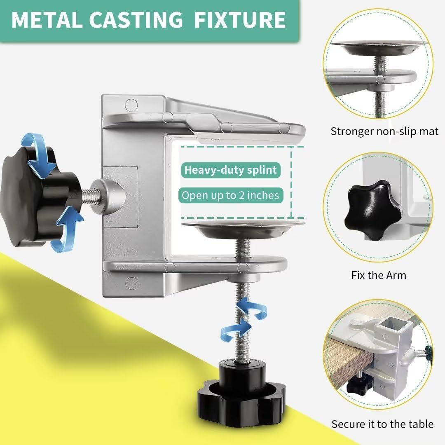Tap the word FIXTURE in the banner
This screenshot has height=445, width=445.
tap(240, 20)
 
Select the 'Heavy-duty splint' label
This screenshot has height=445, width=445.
tap(230, 170)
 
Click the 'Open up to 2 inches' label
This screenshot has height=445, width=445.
tap(230, 195)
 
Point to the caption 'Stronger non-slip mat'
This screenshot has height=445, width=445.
tap(384, 131)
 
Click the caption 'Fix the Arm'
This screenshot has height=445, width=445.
tap(379, 275)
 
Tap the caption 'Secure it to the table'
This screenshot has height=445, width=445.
tap(382, 424)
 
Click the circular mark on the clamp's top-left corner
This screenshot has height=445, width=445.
tap(131, 105)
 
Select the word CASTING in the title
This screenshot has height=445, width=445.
tap(136, 20)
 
